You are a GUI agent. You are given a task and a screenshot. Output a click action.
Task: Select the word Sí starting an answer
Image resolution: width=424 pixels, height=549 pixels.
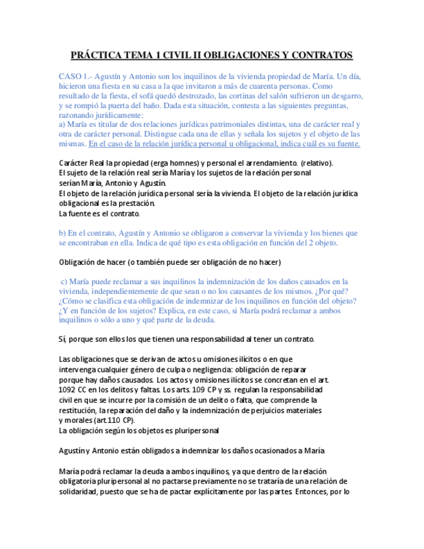pyautogui.click(x=62, y=339)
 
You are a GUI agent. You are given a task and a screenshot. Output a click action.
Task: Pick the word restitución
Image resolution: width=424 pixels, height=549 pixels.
pyautogui.click(x=78, y=410)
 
